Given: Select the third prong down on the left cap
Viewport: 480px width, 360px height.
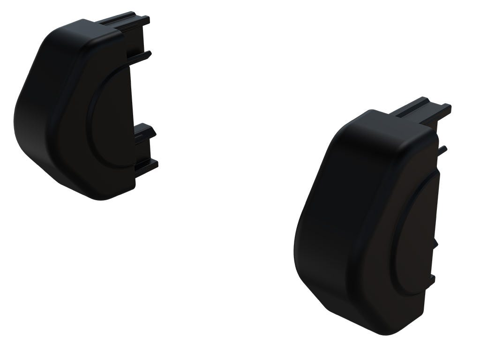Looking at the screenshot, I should [145, 132].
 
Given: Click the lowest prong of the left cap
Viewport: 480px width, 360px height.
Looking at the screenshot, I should [147, 165].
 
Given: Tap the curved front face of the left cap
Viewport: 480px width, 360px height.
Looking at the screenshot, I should [42, 112].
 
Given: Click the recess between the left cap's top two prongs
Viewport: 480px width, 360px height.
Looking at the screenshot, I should [136, 40].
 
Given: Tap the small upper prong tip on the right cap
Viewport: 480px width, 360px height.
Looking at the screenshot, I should [442, 150].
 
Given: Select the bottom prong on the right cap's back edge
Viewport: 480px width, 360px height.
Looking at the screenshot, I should [431, 280].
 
